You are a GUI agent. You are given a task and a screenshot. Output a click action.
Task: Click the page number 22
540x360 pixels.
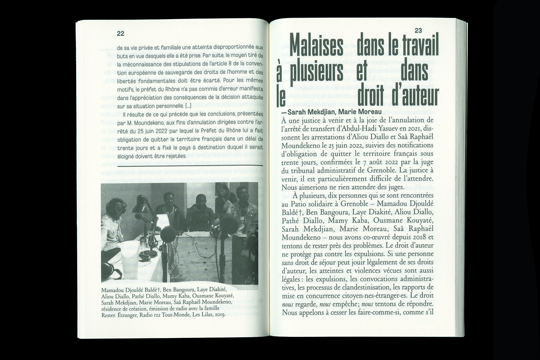(x=121, y=34)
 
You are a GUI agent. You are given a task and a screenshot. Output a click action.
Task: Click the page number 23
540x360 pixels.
(x=418, y=31)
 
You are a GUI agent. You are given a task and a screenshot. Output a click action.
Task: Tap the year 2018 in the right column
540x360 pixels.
(x=417, y=237)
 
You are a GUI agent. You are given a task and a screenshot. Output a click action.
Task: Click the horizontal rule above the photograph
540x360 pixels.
(x=190, y=165)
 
